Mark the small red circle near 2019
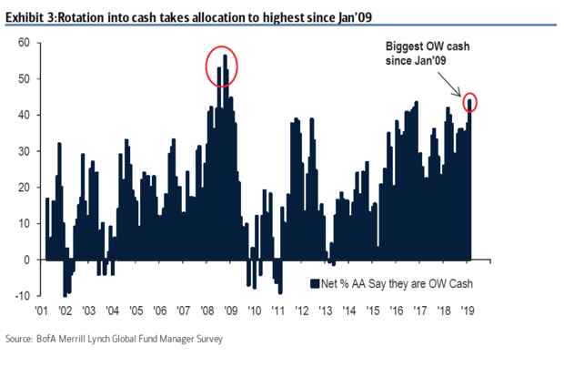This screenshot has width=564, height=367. (469, 102)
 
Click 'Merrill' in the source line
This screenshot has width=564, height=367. (95, 340)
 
